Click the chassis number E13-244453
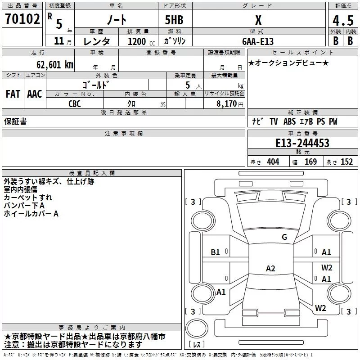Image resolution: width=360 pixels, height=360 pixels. coord(302,143)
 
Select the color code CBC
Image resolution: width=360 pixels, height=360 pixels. coord(75,103)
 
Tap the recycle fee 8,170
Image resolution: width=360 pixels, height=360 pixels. coord(227,103)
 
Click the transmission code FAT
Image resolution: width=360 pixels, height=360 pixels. coord(13,94)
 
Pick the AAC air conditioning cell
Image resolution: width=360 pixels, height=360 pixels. coord(34,94)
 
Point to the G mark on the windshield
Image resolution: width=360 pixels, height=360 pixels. coord(284,237)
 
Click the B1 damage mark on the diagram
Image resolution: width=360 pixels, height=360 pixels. coord(216,252)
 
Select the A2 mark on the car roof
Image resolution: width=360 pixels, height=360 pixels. coord(270,269)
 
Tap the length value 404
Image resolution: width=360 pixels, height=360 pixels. coord(273,162)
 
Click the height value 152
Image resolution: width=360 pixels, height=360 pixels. coord(346,162)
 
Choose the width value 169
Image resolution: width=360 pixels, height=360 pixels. coord(310,162)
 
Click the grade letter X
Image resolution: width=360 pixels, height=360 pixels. coord(258,21)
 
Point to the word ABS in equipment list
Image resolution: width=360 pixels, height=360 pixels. coord(290,121)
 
